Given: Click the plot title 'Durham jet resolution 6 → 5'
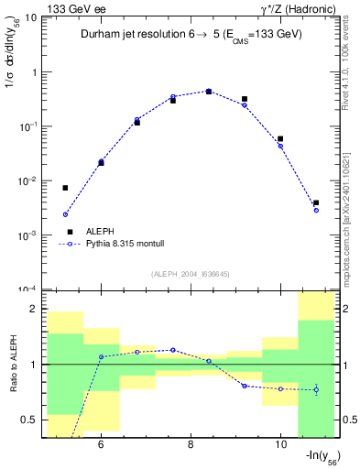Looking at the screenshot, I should pyautogui.click(x=191, y=36).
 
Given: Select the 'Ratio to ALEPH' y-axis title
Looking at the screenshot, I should pyautogui.click(x=13, y=364).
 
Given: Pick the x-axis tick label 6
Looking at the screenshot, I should pyautogui.click(x=100, y=446).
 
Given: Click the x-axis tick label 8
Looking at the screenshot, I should pyautogui.click(x=191, y=446).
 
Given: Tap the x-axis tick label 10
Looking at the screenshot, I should pyautogui.click(x=280, y=446).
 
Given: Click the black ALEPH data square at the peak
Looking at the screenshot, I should pyautogui.click(x=209, y=92).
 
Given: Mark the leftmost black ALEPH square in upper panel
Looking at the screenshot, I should pyautogui.click(x=65, y=188).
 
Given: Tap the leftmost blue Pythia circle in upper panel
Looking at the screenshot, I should pyautogui.click(x=65, y=214).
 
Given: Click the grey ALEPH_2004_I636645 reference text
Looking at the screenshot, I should pyautogui.click(x=191, y=274).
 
